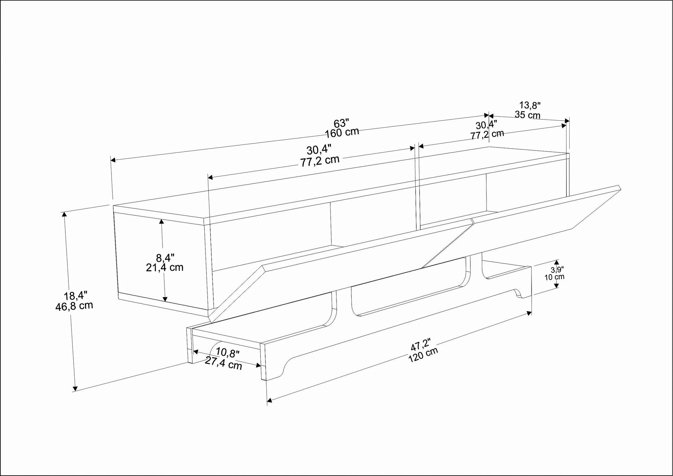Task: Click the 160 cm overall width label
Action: tap(342, 132)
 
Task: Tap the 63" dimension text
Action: tap(341, 123)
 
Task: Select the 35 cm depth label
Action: tap(527, 114)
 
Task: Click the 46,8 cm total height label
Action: tap(74, 306)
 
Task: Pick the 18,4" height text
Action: tap(75, 296)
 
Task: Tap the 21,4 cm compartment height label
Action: tap(165, 267)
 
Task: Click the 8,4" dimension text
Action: tap(165, 258)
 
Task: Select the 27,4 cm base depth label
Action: tap(223, 363)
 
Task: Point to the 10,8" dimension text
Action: tap(228, 353)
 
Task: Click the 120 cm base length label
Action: tap(423, 354)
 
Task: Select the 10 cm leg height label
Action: tap(554, 277)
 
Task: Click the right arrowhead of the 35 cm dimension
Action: tap(566, 121)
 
